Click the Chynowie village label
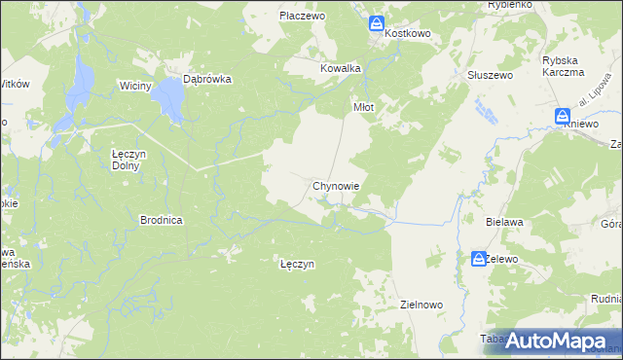coord(337,185)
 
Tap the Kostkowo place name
coord(407,33)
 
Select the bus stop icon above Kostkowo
coord(377,23)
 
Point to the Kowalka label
coord(341,69)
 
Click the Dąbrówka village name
coord(206,81)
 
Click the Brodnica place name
coord(162,221)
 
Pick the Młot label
coord(363,107)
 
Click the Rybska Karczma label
coord(563,66)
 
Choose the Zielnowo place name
coord(421,305)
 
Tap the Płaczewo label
coord(302,17)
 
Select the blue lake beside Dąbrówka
coord(171,99)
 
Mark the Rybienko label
coord(509,4)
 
